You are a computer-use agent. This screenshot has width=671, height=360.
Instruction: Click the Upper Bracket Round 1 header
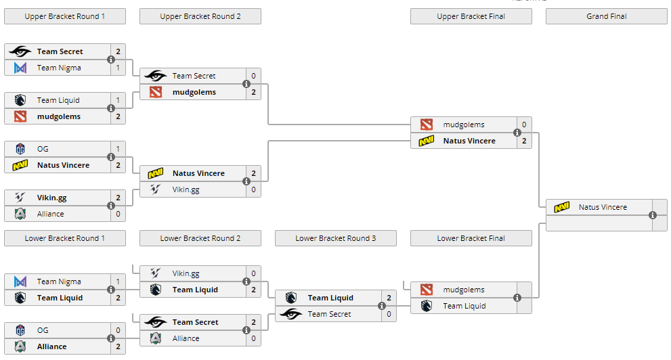(x=65, y=16)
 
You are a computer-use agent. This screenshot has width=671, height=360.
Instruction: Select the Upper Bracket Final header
(x=471, y=16)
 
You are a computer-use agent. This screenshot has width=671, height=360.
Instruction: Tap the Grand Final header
(x=606, y=16)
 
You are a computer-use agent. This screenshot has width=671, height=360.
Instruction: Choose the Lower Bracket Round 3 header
(x=335, y=238)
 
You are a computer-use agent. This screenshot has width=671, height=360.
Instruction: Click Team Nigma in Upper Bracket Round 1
(x=59, y=68)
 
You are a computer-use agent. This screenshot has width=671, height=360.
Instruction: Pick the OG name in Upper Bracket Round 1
(x=43, y=149)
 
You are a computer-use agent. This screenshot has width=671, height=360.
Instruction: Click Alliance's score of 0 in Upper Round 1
(x=118, y=214)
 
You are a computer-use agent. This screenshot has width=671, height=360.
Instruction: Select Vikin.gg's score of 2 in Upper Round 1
(x=118, y=198)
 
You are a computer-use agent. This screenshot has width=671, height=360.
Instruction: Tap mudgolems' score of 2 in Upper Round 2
(x=253, y=92)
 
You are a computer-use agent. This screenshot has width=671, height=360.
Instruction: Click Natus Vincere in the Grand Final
(x=603, y=207)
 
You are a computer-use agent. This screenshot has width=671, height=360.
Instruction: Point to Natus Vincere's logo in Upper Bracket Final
(x=427, y=141)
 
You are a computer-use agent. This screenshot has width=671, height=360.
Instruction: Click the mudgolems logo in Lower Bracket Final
(x=427, y=290)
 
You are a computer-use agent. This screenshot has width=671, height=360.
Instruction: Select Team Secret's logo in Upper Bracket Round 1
(x=20, y=51)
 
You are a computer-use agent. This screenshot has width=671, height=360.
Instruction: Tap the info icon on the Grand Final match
(x=653, y=215)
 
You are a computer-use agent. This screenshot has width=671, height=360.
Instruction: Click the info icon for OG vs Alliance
(x=111, y=338)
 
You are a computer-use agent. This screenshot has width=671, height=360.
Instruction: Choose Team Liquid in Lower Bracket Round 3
(x=330, y=298)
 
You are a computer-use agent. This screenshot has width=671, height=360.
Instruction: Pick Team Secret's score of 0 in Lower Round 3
(x=389, y=314)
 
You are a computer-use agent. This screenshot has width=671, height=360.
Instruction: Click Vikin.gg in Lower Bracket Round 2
(x=186, y=273)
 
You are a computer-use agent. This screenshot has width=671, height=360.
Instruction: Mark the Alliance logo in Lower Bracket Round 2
(x=156, y=338)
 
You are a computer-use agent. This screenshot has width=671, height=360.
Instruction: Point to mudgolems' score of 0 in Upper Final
(x=524, y=125)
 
